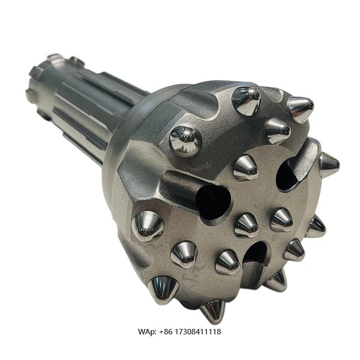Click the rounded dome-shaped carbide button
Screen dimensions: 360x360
pyautogui.click(x=185, y=140)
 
